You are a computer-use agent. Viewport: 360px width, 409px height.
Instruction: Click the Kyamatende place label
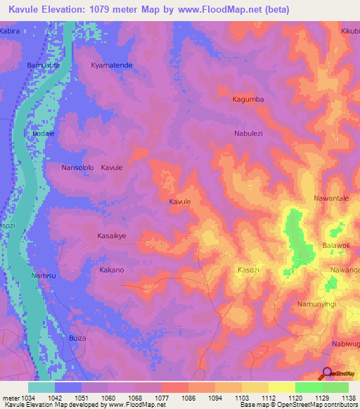112,65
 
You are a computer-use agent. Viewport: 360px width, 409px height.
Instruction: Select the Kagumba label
248,100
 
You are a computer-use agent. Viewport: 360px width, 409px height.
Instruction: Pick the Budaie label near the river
43,133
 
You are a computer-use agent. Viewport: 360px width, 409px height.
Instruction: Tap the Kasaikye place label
111,236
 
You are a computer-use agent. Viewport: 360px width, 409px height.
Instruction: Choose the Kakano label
111,270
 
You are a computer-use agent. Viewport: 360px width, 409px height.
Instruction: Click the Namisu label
43,276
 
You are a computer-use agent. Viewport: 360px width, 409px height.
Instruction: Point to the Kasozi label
248,270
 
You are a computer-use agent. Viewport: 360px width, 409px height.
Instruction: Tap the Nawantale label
331,199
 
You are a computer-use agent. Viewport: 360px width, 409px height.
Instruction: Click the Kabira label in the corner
10,32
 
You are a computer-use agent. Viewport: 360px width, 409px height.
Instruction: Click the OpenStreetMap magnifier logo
327,373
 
